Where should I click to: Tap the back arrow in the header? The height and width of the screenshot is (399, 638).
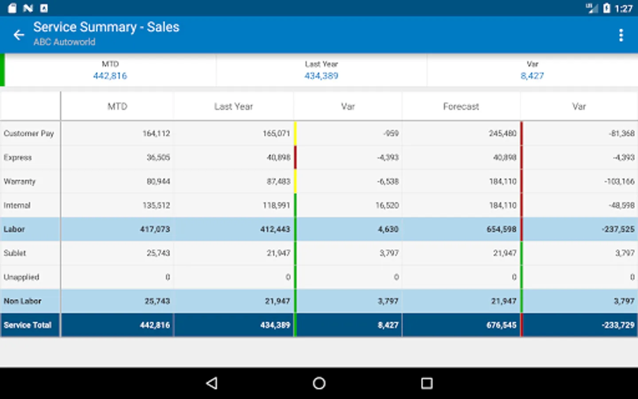point(19,35)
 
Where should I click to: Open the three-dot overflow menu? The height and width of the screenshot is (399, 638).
point(621,35)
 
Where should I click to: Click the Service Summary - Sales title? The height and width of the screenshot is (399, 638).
point(106,27)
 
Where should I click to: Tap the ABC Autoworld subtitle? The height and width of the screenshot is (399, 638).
point(64,42)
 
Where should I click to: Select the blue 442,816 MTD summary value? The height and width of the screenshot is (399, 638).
point(110,76)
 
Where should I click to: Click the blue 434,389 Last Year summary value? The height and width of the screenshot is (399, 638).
point(321,76)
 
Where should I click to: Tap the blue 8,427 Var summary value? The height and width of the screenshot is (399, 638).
point(532,76)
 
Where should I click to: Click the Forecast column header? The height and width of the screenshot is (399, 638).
point(461,106)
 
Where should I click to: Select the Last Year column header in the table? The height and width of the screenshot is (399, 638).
point(233,106)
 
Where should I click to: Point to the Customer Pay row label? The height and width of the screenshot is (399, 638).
point(29,133)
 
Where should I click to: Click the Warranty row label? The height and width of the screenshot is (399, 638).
point(19,181)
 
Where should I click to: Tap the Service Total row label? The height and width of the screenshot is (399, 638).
point(27,325)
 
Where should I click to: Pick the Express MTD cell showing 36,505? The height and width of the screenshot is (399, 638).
point(158,157)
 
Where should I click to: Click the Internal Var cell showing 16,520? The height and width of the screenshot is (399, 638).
point(387,205)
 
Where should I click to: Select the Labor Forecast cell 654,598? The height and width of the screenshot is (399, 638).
point(501,229)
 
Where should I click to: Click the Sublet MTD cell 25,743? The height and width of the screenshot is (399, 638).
point(158,253)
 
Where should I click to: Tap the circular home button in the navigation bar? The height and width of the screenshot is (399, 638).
point(319,383)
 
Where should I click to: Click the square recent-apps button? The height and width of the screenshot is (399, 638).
point(427,383)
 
